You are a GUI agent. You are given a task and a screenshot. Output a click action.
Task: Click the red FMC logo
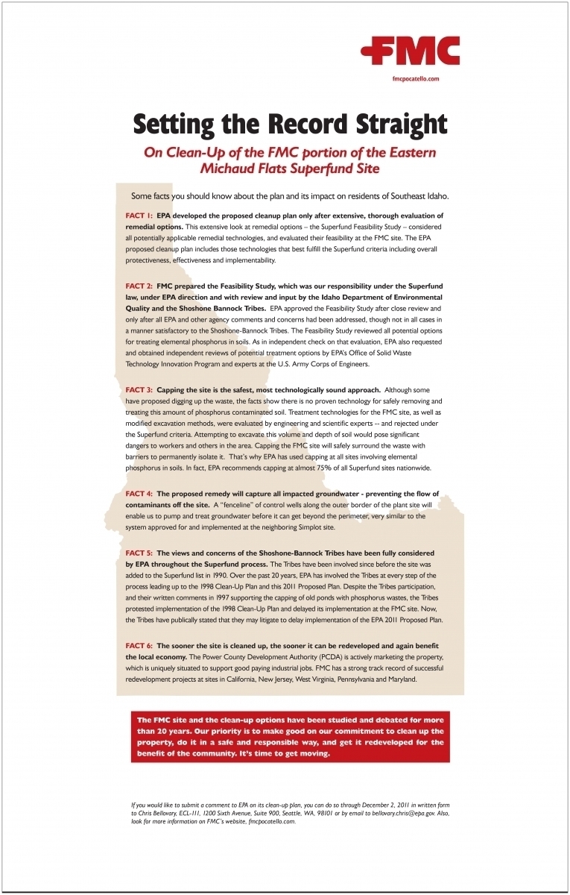coord(410,51)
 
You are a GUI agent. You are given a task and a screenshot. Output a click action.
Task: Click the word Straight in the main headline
coord(387,123)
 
